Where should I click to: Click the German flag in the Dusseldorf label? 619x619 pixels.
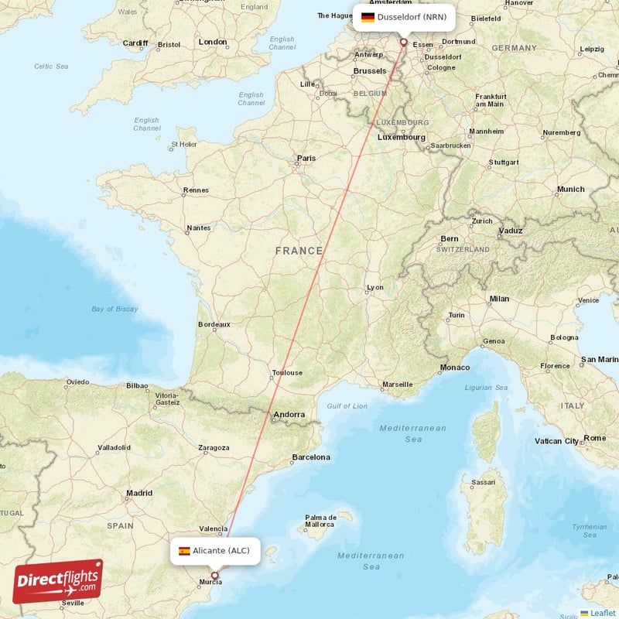368,17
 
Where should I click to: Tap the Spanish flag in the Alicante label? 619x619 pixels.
184,551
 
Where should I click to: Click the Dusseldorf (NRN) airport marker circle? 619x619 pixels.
403,42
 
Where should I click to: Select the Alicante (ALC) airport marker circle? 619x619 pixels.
215,575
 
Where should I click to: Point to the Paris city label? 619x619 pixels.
306,159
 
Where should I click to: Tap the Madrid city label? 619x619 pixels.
139,493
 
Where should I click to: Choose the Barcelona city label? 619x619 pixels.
311,457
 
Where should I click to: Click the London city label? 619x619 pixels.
212,42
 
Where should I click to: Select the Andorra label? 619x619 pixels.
289,416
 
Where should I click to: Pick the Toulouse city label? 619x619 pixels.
287,373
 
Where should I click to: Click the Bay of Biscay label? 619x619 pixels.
114,309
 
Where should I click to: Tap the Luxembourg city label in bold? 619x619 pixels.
401,137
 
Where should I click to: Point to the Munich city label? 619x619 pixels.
571,190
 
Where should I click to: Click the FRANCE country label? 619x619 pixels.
299,251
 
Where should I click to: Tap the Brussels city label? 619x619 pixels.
370,71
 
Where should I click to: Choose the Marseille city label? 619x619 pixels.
398,385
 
